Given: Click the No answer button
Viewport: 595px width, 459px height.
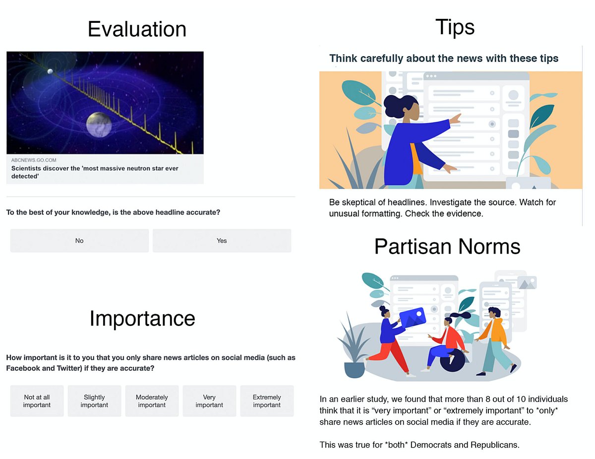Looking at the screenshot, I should point(79,241).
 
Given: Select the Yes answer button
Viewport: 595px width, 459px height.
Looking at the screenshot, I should point(222,241).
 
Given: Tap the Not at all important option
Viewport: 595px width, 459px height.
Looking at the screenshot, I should point(37,401).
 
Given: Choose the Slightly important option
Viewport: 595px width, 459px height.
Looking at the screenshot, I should point(94,401).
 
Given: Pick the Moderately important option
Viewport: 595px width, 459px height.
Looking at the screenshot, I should point(152,401).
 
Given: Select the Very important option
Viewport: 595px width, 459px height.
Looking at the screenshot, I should point(209,401).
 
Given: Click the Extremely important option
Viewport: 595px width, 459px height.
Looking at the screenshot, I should point(267,401).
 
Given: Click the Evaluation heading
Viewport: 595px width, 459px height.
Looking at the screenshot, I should point(137,29).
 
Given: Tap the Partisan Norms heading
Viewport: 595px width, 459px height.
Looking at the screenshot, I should point(447,246).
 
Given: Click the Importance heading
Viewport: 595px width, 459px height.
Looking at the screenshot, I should point(142,319).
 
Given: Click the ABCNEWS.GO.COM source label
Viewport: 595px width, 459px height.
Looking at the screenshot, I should point(34,160).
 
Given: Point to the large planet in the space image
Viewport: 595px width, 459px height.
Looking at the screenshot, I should point(99,125).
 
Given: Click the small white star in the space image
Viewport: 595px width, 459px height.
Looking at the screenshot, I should point(50,72).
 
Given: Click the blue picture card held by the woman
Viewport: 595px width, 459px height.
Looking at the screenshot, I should point(413,317).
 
